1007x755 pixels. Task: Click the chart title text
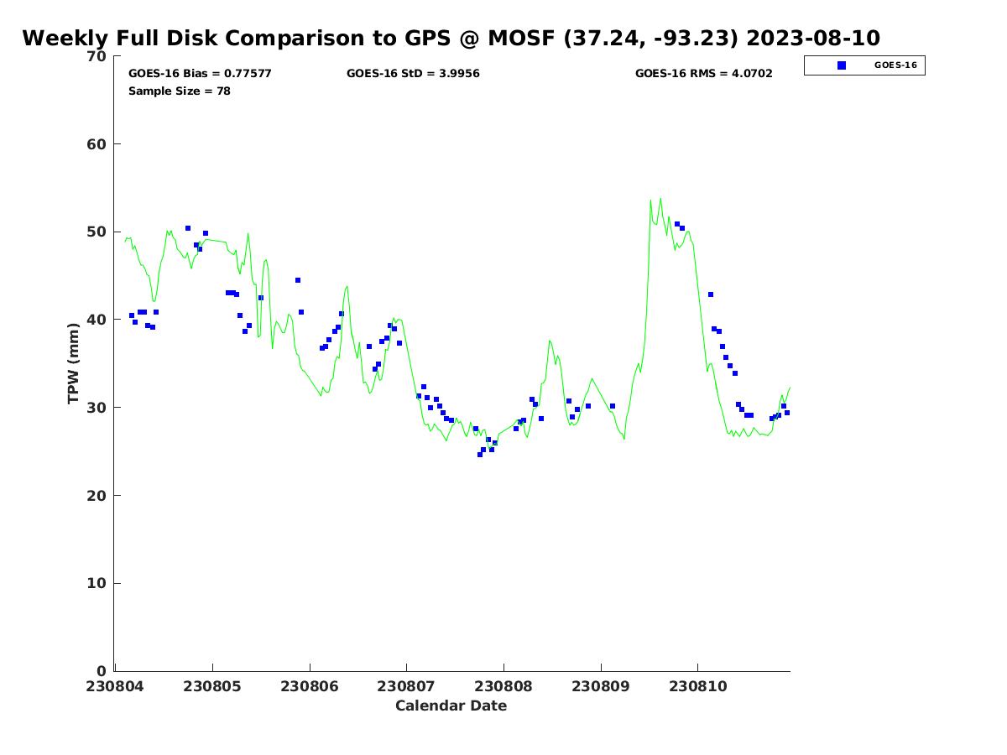coord(451,38)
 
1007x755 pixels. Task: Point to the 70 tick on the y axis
coord(97,56)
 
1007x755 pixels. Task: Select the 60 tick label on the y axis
coord(97,144)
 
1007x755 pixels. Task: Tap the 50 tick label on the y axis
coord(97,232)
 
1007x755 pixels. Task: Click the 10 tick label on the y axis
coord(97,583)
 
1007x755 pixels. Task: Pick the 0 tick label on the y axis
coord(102,671)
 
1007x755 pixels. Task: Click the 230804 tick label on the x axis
coord(116,686)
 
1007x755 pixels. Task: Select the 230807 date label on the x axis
coord(407,686)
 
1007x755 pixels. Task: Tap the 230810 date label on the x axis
coord(697,686)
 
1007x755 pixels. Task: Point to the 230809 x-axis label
coord(601,686)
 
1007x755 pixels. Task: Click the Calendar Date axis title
coord(451,706)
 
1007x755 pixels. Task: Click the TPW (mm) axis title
coord(73,363)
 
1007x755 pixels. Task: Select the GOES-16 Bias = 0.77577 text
coord(200,73)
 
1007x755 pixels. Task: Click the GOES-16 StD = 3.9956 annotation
coord(413,73)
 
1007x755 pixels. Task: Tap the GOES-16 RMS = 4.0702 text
coord(703,73)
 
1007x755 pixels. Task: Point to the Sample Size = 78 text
coord(179,91)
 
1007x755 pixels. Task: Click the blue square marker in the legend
coord(842,65)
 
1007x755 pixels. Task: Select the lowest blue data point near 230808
coord(480,454)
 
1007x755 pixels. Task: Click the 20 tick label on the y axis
coord(97,496)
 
